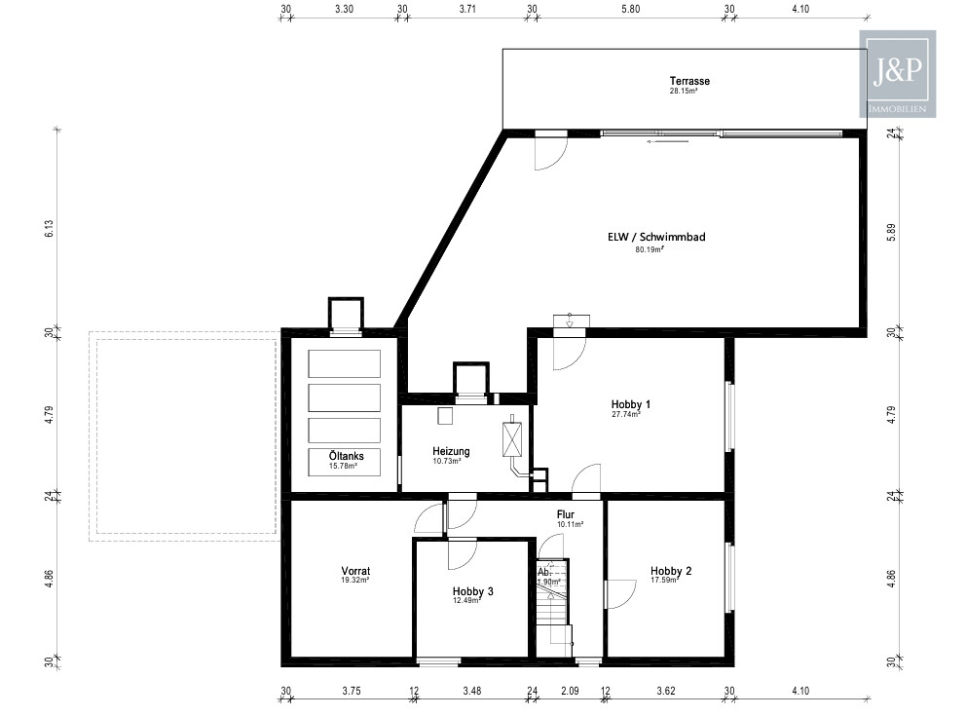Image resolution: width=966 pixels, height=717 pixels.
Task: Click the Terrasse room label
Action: (689, 81)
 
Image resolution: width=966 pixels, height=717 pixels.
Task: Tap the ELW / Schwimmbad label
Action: (656, 237)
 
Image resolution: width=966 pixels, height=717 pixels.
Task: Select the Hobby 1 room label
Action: (631, 404)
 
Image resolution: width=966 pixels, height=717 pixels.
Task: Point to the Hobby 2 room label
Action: (671, 571)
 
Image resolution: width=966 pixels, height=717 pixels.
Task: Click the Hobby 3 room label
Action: (472, 591)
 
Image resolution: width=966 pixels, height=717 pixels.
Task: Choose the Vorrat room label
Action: (355, 571)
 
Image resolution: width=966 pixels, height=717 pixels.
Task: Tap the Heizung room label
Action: (451, 451)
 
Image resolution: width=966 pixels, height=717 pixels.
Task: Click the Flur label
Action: (566, 514)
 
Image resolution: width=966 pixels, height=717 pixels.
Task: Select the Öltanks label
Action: (347, 456)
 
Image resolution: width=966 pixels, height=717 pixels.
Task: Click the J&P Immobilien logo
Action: (898, 74)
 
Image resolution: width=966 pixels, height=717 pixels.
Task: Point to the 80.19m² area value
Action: (650, 249)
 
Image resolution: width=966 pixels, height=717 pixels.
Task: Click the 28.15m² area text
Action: (684, 91)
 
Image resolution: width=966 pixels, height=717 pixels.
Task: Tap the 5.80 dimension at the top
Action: (630, 9)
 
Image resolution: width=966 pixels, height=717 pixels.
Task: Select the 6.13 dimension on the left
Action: (50, 229)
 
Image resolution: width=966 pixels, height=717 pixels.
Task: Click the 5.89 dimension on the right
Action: (891, 232)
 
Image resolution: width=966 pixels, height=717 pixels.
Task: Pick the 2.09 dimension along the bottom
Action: (570, 691)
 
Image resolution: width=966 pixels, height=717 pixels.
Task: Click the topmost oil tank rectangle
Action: (345, 363)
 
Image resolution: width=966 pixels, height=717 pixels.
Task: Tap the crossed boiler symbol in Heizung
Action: (512, 439)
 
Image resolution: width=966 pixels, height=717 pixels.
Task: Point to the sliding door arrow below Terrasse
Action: (667, 141)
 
